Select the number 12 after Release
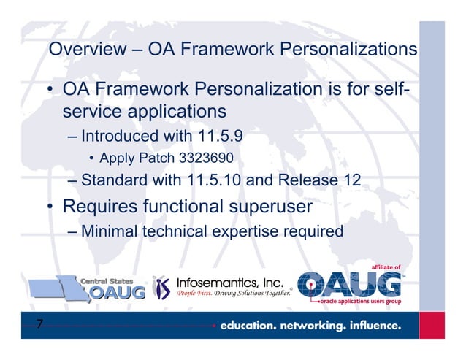tap(351, 180)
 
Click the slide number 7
tap(40, 325)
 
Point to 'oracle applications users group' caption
tap(362, 302)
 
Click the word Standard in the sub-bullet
tap(114, 180)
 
